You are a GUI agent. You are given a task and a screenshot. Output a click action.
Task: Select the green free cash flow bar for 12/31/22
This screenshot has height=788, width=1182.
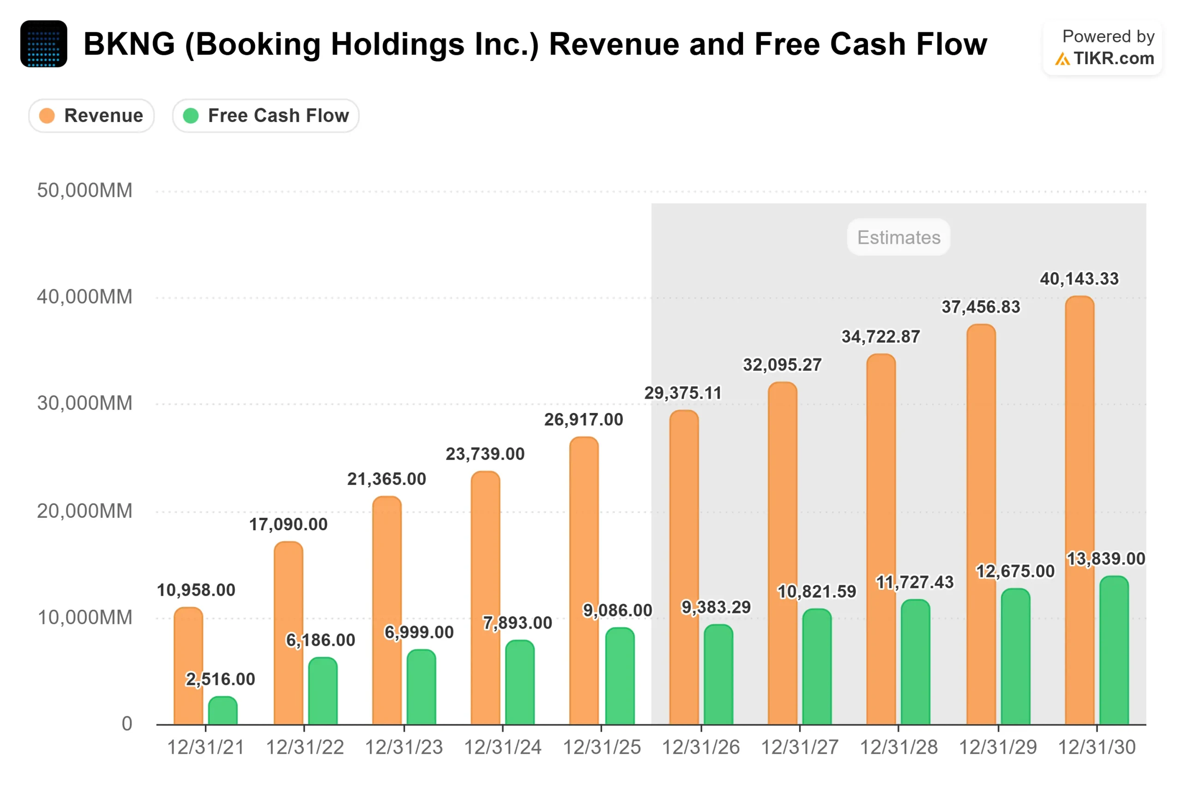pyautogui.click(x=322, y=691)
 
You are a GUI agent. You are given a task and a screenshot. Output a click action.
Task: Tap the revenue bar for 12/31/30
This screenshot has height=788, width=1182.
pyautogui.click(x=1079, y=509)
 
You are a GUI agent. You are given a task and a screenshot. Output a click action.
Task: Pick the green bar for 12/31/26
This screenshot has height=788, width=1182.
pyautogui.click(x=718, y=674)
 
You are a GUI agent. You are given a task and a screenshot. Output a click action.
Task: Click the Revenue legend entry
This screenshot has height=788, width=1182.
pyautogui.click(x=91, y=115)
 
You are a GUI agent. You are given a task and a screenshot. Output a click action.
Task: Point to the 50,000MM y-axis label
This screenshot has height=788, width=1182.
pyautogui.click(x=84, y=190)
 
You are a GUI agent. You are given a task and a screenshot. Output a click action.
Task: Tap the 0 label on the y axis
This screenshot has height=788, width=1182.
pyautogui.click(x=127, y=723)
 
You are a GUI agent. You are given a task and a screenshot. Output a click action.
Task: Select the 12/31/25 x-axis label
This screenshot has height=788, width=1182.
pyautogui.click(x=601, y=747)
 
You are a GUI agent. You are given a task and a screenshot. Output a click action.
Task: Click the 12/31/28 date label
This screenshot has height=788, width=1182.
pyautogui.click(x=898, y=747)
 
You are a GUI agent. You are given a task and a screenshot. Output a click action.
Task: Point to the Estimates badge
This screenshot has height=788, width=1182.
pyautogui.click(x=898, y=237)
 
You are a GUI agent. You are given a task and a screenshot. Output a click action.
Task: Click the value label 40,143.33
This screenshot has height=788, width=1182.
pyautogui.click(x=1079, y=279)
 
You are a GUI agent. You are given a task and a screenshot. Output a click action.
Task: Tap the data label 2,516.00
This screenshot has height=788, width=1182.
pyautogui.click(x=221, y=679)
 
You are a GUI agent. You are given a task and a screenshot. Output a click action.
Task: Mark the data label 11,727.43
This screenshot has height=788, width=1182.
pyautogui.click(x=914, y=582)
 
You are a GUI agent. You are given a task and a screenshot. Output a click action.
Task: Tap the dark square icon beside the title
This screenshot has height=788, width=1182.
pyautogui.click(x=44, y=44)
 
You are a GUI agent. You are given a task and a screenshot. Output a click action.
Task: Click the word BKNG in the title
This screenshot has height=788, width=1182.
pyautogui.click(x=129, y=44)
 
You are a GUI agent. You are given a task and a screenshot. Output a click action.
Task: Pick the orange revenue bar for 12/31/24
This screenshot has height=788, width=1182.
pyautogui.click(x=485, y=598)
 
